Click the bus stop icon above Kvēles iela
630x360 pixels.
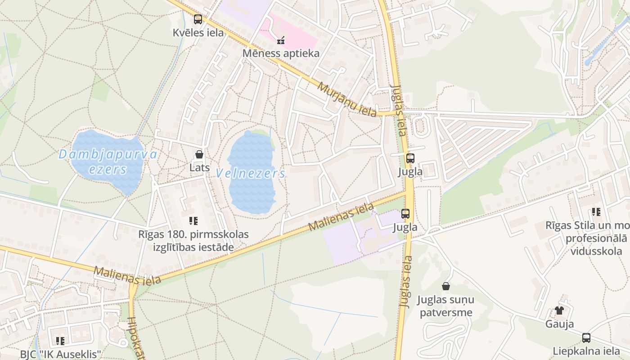click(x=198, y=19)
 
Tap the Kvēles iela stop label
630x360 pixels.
click(x=198, y=33)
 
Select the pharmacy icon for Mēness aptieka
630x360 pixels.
click(x=281, y=40)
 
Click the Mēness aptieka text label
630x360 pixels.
click(x=281, y=54)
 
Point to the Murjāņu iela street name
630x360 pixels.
click(x=347, y=99)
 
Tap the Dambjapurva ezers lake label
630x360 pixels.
click(x=108, y=162)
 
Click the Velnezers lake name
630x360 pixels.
click(x=250, y=173)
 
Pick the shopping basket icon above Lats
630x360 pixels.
click(x=199, y=155)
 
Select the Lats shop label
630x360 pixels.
click(x=199, y=168)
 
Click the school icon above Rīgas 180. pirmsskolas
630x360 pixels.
click(x=193, y=221)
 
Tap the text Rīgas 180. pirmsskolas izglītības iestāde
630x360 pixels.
click(x=193, y=241)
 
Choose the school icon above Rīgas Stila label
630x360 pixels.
click(x=596, y=212)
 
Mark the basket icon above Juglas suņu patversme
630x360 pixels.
click(x=446, y=286)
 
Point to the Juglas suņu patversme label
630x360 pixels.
click(x=446, y=306)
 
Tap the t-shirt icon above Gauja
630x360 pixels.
click(x=559, y=310)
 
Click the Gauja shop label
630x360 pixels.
click(x=559, y=324)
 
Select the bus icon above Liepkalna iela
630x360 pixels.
click(x=586, y=337)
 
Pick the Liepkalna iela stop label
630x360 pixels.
click(x=586, y=351)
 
